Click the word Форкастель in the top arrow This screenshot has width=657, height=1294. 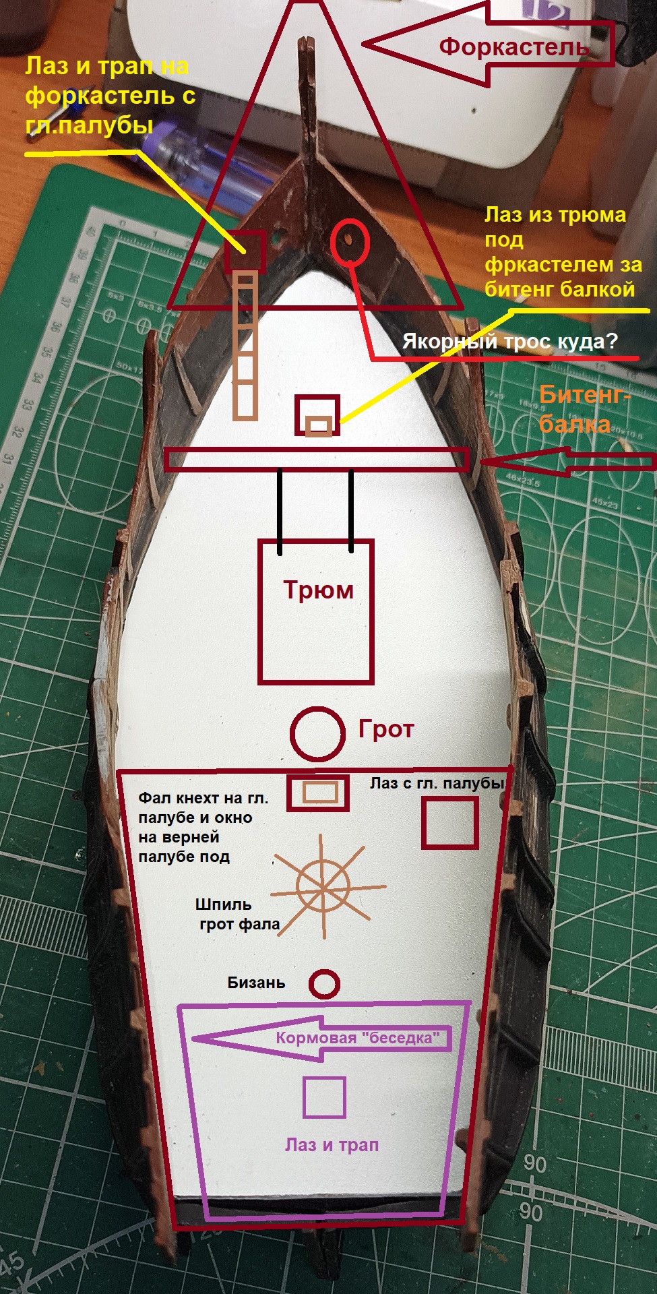tap(514, 47)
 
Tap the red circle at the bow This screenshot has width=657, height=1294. tap(350, 241)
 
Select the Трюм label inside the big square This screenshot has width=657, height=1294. tap(318, 590)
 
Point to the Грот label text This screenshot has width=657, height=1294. tap(385, 729)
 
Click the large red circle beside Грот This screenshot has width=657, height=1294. tap(317, 734)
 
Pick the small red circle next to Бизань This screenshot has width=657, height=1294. tap(324, 984)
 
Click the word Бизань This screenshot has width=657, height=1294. tap(256, 983)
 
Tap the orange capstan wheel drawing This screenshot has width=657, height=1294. tap(323, 888)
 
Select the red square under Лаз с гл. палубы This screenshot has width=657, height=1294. tap(449, 822)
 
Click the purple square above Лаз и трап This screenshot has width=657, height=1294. tap(324, 1097)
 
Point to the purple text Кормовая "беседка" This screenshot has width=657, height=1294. tap(363, 1038)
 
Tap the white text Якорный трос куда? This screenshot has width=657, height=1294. tap(509, 342)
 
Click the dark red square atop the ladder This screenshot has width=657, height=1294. tap(245, 252)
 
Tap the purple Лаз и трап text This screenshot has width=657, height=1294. tap(332, 1144)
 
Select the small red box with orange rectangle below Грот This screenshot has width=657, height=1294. tap(318, 793)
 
